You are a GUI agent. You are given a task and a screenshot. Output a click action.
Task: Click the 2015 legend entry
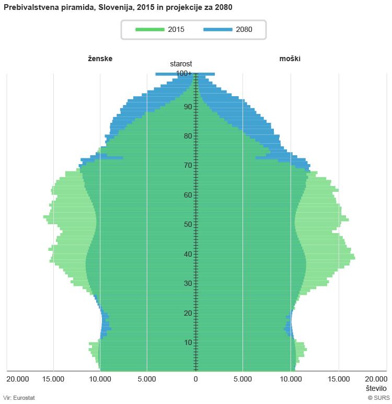(x=160, y=29)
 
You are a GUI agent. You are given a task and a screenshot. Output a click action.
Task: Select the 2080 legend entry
(x=228, y=29)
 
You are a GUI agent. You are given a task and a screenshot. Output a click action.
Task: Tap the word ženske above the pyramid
(x=100, y=59)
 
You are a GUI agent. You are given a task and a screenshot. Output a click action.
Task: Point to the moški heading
(x=290, y=59)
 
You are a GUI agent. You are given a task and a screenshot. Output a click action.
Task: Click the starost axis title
(x=181, y=64)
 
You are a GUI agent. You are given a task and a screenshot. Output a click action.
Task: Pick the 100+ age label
(x=184, y=74)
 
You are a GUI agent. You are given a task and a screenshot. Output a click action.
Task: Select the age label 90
(x=188, y=107)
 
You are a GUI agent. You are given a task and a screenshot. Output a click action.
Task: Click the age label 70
(x=188, y=166)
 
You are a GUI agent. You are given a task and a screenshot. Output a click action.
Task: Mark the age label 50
(x=188, y=225)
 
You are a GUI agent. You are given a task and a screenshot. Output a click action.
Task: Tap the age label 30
(x=188, y=284)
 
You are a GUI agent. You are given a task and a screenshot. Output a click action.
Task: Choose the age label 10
(x=188, y=343)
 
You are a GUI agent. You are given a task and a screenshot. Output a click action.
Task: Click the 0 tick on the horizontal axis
(x=195, y=379)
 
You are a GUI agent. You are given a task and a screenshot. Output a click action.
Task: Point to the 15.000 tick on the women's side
(x=53, y=379)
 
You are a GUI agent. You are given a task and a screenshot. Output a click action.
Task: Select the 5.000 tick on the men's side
(x=243, y=379)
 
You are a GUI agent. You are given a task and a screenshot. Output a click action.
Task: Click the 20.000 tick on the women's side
(x=18, y=379)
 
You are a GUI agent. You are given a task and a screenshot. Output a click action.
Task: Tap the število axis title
(x=376, y=388)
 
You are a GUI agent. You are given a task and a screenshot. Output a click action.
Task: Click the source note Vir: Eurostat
(x=19, y=398)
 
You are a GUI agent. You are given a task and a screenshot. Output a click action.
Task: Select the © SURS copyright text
(x=378, y=398)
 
